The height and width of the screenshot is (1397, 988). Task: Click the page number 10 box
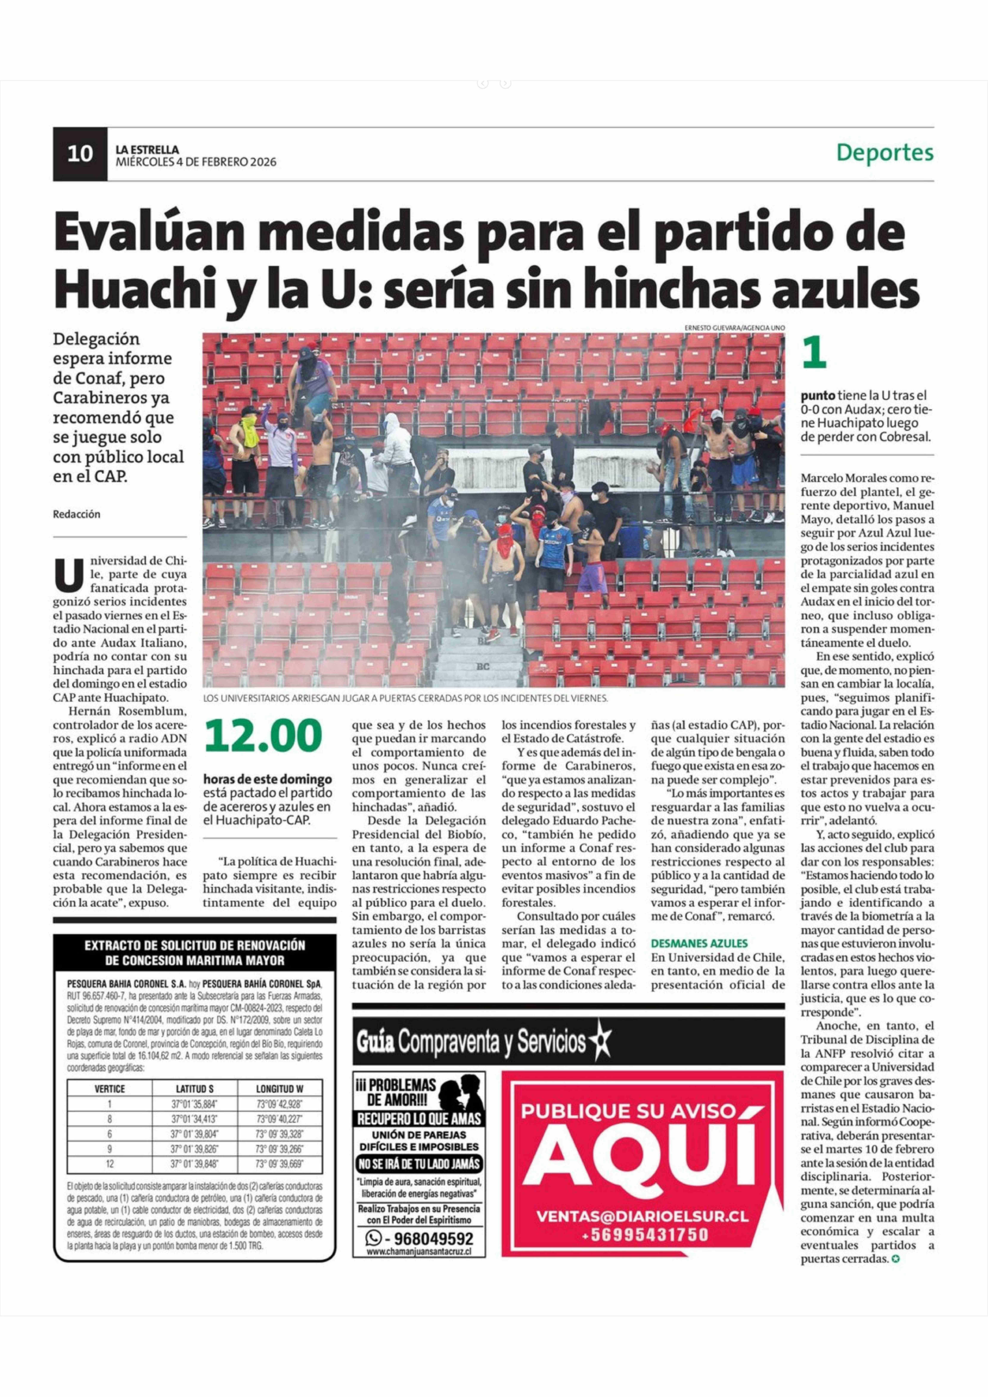[x=80, y=154]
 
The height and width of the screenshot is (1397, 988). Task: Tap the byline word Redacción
[x=77, y=514]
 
